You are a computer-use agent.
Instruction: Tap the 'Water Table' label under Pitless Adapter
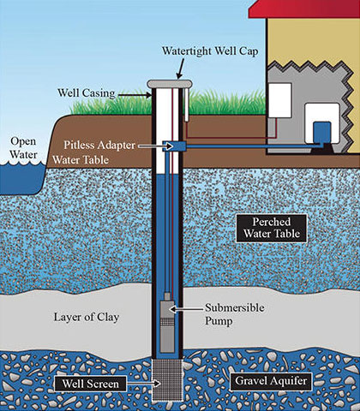pyautogui.click(x=79, y=160)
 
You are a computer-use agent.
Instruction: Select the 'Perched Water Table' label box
pyautogui.click(x=267, y=228)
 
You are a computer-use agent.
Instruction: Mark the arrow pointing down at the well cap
pyautogui.click(x=179, y=68)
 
